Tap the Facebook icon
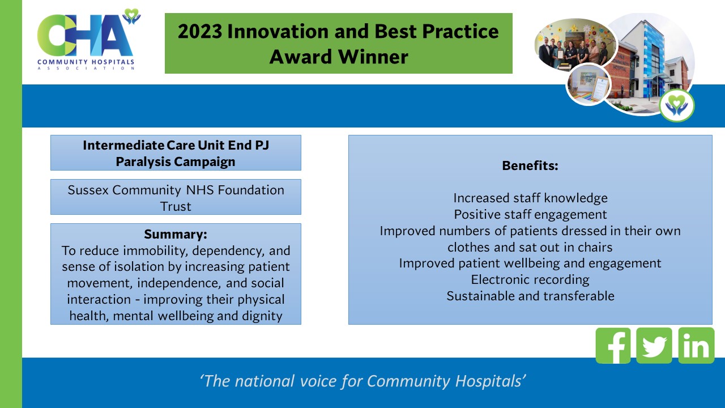point(613,345)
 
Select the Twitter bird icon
point(654,345)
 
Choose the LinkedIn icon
point(696,345)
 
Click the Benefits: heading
point(530,166)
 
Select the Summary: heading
point(176,234)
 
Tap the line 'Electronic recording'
point(530,280)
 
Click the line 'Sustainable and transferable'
point(530,296)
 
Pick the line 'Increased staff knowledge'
point(530,198)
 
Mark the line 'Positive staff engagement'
point(530,214)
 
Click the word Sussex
point(88,190)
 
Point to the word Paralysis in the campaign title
point(143,161)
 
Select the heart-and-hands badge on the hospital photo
point(676,105)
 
